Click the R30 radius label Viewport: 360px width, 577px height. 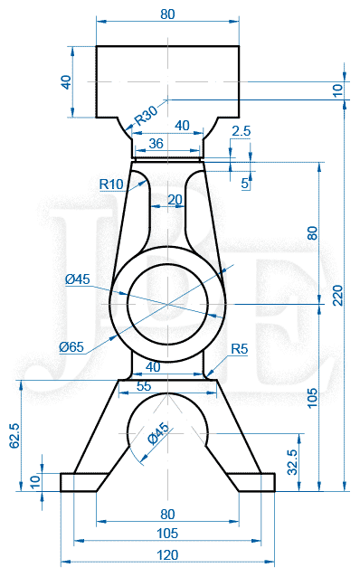147,115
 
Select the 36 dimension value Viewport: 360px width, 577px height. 156,143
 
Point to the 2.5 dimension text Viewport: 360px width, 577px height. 242,131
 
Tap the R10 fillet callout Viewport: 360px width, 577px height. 111,184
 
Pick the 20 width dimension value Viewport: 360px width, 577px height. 175,200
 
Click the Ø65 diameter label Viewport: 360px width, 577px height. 71,346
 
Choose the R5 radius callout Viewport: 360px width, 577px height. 240,348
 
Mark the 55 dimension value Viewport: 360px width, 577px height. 144,386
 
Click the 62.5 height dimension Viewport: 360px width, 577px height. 14,436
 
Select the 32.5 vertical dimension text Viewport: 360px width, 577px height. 292,462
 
